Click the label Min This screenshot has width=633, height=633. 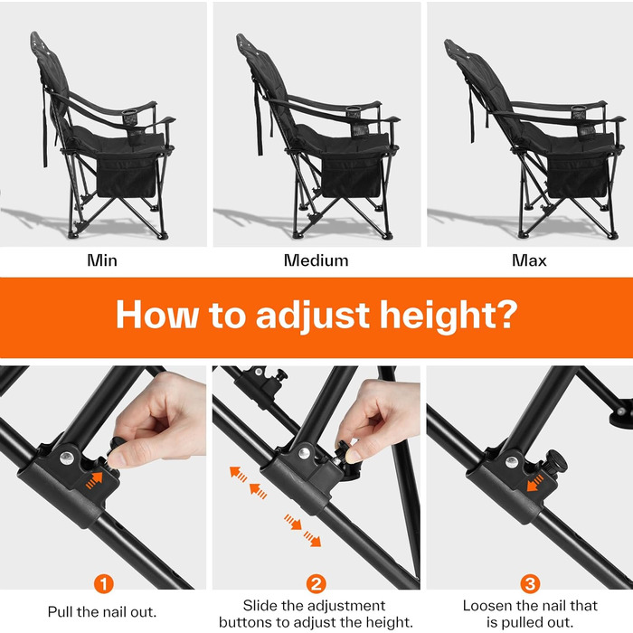(x=102, y=260)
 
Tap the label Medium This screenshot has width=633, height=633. (x=316, y=260)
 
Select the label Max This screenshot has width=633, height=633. (x=529, y=260)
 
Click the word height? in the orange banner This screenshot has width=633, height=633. (x=449, y=316)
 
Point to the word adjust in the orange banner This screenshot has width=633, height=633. (x=313, y=316)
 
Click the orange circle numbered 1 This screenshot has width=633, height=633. (x=104, y=584)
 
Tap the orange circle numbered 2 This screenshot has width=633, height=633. (x=316, y=584)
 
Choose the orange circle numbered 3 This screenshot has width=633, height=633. (x=530, y=584)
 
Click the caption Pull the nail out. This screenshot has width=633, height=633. (x=102, y=612)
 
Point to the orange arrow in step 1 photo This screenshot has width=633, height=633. (x=94, y=480)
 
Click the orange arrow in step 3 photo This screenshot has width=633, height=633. (x=535, y=483)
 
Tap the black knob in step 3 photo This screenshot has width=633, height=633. (x=557, y=461)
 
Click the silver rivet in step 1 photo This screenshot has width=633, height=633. (x=67, y=458)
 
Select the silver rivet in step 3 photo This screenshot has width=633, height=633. (x=512, y=462)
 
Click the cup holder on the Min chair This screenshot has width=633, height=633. (x=131, y=120)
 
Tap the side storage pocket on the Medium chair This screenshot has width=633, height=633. (x=352, y=175)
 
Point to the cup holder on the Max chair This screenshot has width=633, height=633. (x=581, y=119)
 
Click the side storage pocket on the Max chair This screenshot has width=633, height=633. (x=578, y=176)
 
